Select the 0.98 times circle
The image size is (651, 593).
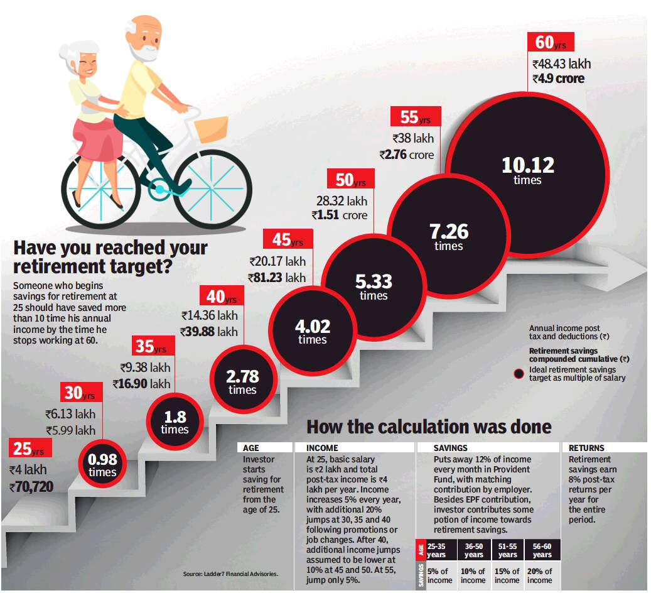[102, 465]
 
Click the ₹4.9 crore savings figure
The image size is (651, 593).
[558, 79]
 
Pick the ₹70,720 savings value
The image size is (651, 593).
[31, 486]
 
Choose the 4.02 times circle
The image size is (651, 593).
[313, 332]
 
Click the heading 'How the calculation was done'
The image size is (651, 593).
[429, 427]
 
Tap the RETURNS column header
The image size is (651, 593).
[586, 448]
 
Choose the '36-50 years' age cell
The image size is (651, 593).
[473, 550]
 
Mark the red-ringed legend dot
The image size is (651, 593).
[519, 374]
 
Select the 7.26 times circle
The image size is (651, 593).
[449, 237]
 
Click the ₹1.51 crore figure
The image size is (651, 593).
[339, 215]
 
